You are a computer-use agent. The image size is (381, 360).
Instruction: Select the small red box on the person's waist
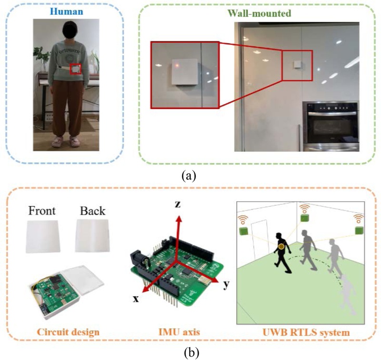click(x=75, y=70)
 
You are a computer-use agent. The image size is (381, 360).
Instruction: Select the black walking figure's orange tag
click(x=282, y=247)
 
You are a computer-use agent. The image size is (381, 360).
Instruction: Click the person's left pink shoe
click(x=74, y=141)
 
